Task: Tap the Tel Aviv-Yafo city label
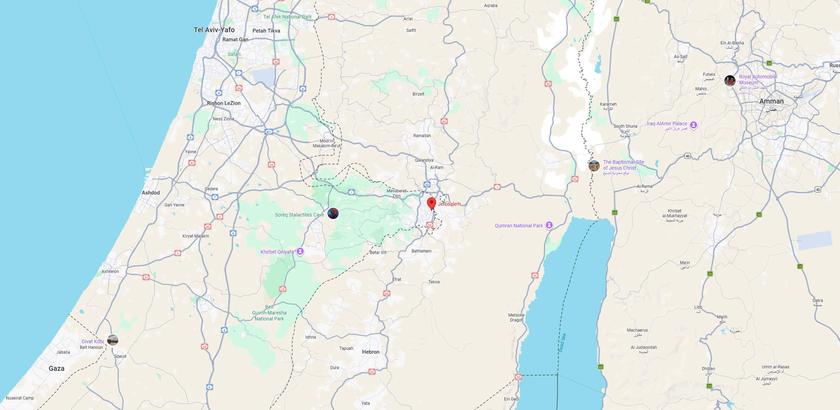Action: point(214,30)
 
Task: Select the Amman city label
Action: point(771,101)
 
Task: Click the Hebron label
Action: point(371,352)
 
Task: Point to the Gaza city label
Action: point(56,368)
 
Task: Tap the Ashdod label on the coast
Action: point(151,193)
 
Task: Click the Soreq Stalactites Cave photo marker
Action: point(333,213)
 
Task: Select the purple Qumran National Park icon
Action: point(549,225)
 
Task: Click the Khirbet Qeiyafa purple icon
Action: point(300,252)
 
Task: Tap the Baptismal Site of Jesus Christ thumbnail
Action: point(594,166)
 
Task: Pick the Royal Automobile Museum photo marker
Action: point(730,80)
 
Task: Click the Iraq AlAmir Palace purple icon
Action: point(693,125)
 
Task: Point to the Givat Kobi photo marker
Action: point(113,340)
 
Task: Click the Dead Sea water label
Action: point(562,343)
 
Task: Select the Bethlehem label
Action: point(421,251)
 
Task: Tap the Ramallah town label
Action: point(422,136)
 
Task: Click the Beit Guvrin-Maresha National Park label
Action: point(269,313)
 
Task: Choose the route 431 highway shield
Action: point(269,132)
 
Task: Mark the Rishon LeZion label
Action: point(223,103)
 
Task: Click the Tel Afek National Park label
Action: point(287,17)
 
